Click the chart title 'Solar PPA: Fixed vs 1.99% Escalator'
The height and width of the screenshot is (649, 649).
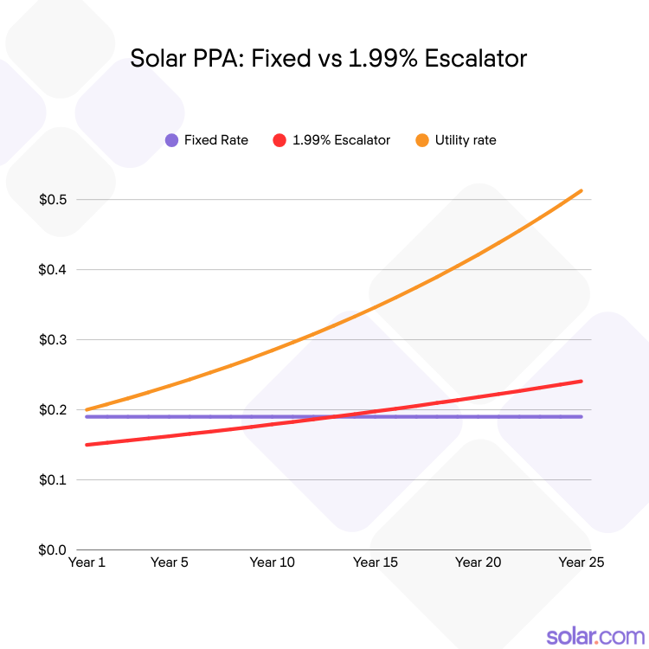(328, 59)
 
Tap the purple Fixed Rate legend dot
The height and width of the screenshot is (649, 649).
(171, 140)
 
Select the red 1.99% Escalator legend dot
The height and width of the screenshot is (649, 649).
(279, 140)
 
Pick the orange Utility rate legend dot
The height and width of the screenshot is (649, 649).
(422, 140)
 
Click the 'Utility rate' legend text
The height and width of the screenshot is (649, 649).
(466, 140)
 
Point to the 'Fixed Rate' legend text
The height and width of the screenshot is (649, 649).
(216, 140)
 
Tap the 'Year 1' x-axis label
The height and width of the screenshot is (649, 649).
(87, 562)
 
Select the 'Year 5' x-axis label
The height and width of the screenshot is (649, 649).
(170, 562)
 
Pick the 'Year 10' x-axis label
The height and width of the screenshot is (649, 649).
(272, 562)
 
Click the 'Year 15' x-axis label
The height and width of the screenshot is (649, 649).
(376, 562)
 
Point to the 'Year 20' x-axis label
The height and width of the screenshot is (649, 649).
(478, 562)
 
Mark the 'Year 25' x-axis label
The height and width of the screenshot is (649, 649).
(581, 562)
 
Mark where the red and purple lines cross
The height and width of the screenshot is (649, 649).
(333, 416)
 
